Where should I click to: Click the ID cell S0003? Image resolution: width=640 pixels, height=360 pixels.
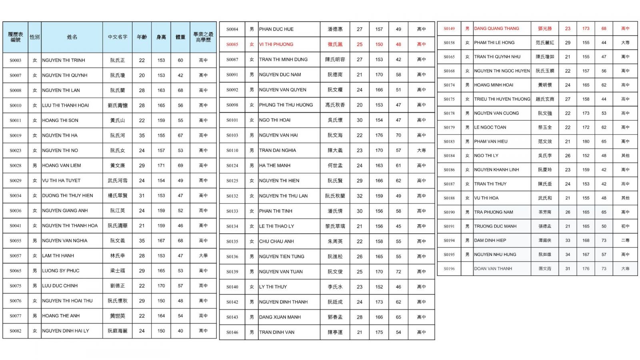coord(16,60)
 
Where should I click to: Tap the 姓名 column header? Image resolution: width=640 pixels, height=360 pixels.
coord(72,37)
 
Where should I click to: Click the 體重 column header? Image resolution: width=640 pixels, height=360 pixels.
coord(180,37)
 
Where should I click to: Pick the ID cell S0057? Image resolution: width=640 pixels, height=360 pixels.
coord(16,256)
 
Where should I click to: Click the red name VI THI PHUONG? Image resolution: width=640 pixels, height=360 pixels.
coord(276,44)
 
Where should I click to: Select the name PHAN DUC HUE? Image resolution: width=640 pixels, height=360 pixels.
coord(276,29)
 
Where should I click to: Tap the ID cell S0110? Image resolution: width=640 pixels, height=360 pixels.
coord(232,150)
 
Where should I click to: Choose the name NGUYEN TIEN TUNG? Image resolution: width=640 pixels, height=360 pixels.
coord(282,256)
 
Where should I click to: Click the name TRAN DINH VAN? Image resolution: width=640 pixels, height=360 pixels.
coord(276,332)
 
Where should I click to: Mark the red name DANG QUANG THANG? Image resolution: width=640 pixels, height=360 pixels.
coord(496,28)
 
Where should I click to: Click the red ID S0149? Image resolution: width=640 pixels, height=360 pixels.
coord(449,28)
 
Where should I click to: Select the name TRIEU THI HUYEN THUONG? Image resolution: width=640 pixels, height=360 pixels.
coord(502,99)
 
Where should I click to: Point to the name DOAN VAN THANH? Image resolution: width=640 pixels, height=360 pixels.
coord(493,268)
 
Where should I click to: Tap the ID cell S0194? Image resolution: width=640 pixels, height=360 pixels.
coord(449,240)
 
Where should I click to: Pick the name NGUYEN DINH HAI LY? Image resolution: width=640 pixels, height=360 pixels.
coord(65,331)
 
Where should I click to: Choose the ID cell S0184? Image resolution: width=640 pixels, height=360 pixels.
coord(449,156)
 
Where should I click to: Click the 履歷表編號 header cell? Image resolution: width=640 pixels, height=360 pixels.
coord(16,37)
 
